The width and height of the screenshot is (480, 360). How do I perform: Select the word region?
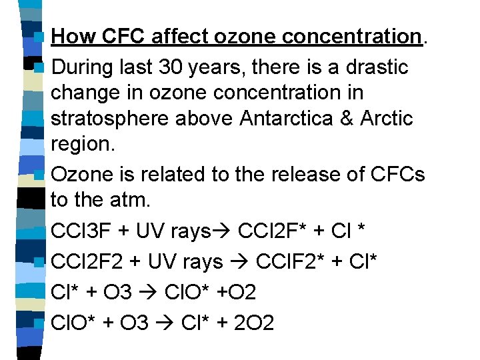[x=79, y=145]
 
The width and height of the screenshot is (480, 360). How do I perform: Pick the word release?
[x=295, y=175]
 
